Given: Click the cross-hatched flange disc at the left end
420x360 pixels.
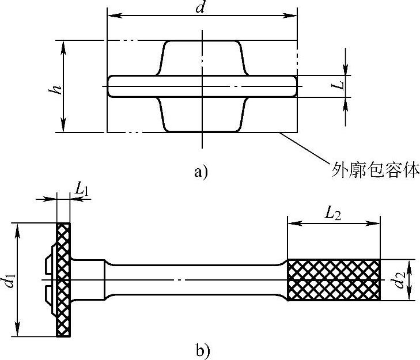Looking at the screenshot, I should click(63, 279).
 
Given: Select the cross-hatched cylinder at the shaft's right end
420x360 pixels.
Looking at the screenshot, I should click(334, 279).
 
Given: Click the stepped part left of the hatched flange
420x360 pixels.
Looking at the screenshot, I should click(51, 279).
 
